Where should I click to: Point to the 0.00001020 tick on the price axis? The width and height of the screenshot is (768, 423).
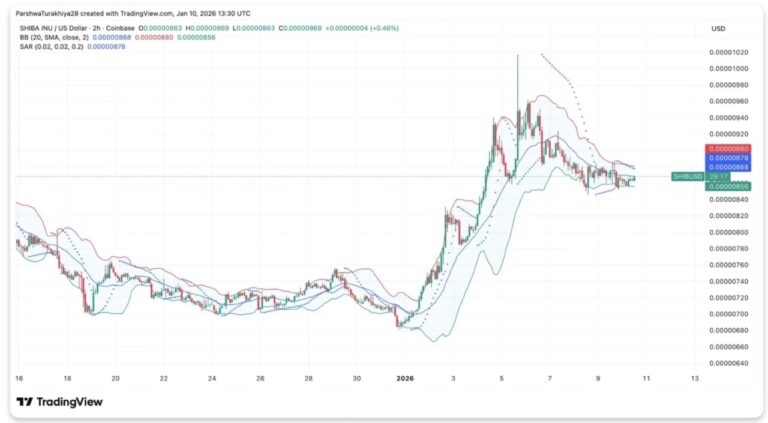(x=728, y=52)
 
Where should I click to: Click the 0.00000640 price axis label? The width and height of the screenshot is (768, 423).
(x=728, y=363)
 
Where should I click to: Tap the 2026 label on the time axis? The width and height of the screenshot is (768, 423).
(x=405, y=379)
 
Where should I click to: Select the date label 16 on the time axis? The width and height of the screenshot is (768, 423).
(x=19, y=379)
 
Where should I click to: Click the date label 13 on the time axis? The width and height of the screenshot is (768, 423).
(x=694, y=379)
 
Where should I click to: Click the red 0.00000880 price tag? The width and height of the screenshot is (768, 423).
(x=728, y=149)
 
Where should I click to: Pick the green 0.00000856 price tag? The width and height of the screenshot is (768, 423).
(x=728, y=186)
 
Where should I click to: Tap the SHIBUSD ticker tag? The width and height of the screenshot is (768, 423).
(x=687, y=176)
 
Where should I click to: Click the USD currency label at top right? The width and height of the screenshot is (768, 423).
(x=718, y=28)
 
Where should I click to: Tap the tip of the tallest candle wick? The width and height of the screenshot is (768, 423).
(x=517, y=56)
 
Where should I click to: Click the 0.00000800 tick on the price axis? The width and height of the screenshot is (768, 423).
(x=728, y=232)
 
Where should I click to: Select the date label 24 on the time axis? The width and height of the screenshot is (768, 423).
(x=212, y=379)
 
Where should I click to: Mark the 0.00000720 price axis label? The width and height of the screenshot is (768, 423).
(x=728, y=298)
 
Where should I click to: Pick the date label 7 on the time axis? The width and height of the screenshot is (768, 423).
(x=550, y=379)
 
